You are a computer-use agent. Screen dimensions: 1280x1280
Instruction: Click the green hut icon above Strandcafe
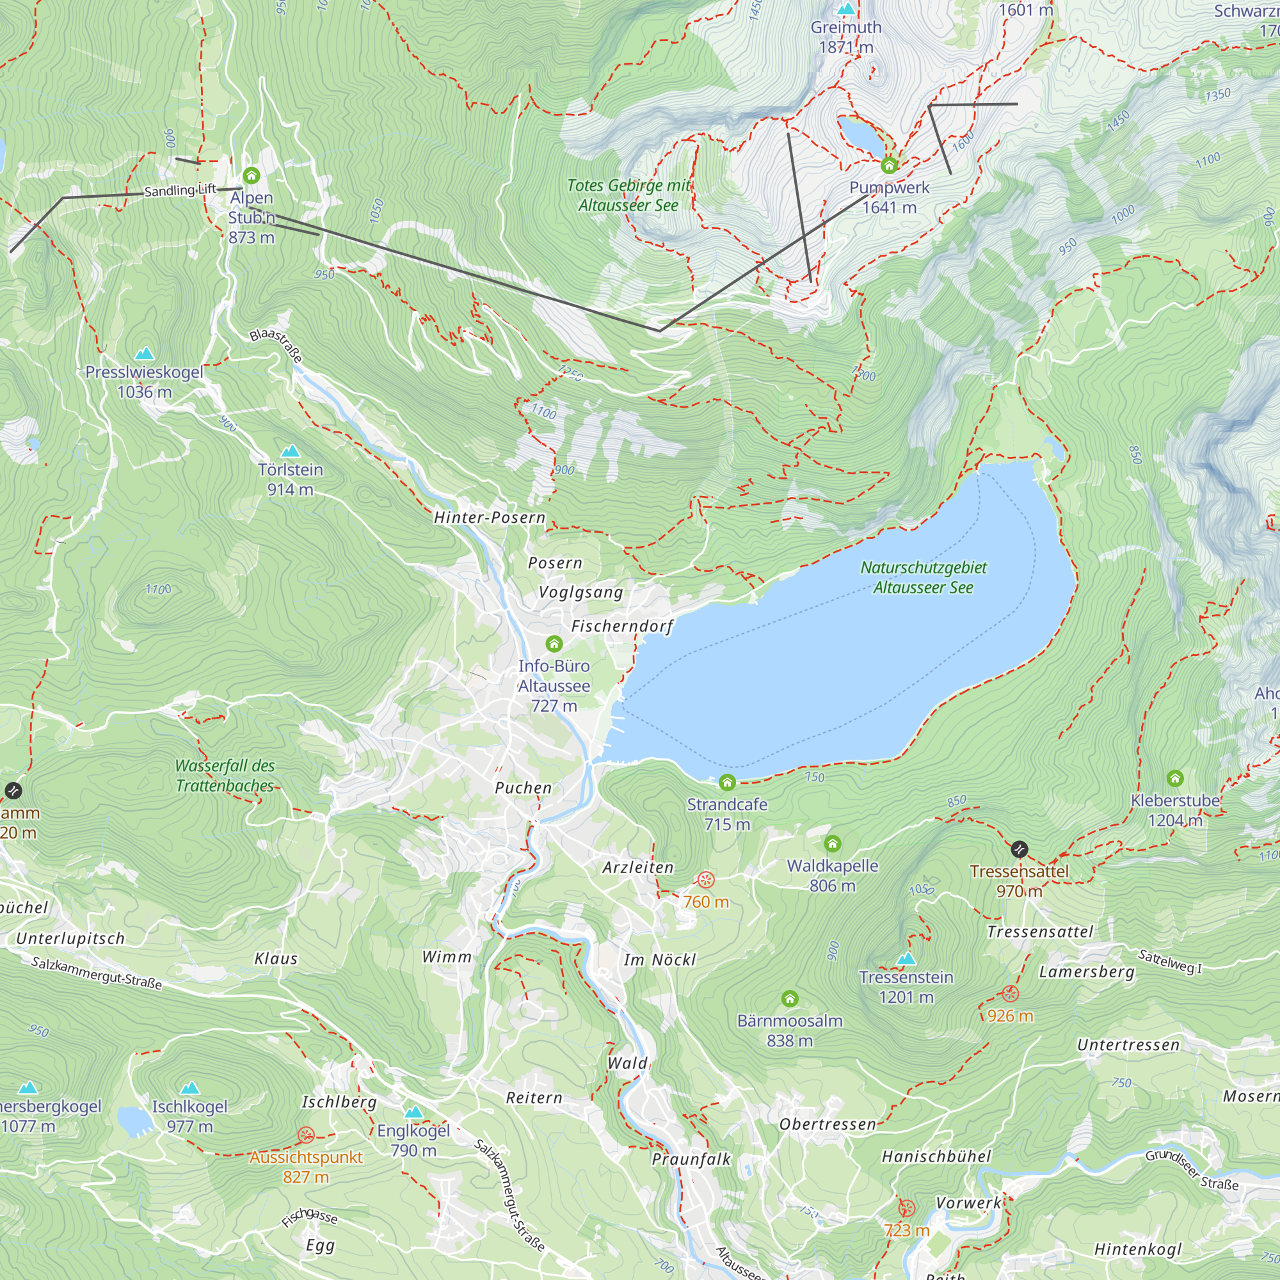click(727, 783)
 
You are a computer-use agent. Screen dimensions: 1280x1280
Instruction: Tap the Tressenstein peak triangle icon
click(906, 959)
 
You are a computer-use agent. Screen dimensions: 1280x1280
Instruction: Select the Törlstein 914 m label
click(290, 479)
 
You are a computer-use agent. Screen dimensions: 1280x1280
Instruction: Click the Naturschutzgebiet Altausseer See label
click(923, 577)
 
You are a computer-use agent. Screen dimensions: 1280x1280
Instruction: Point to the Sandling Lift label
click(180, 191)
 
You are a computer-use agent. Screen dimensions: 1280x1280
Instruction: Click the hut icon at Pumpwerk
click(888, 165)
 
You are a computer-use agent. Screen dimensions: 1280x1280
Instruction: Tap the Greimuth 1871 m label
click(846, 37)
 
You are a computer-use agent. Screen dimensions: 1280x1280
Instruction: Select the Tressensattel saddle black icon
click(1019, 849)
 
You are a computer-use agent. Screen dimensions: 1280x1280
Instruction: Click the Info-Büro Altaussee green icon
click(554, 643)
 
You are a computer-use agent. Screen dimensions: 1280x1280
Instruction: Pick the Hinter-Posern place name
click(490, 517)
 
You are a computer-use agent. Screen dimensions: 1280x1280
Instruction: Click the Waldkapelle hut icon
click(832, 844)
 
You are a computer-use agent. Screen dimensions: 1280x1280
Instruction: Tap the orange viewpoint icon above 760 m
click(705, 880)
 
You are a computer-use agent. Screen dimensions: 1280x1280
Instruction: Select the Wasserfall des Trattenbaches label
click(225, 775)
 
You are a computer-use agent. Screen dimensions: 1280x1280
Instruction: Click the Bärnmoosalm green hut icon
click(789, 998)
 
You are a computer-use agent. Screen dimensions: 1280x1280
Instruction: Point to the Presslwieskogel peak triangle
click(145, 354)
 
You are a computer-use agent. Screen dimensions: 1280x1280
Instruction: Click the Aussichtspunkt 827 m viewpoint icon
click(305, 1135)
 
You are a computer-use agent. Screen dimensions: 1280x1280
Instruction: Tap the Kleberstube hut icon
click(1174, 778)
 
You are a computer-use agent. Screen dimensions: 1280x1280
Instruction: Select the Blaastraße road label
click(276, 345)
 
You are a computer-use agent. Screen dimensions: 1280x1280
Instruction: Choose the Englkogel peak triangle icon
click(413, 1112)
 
